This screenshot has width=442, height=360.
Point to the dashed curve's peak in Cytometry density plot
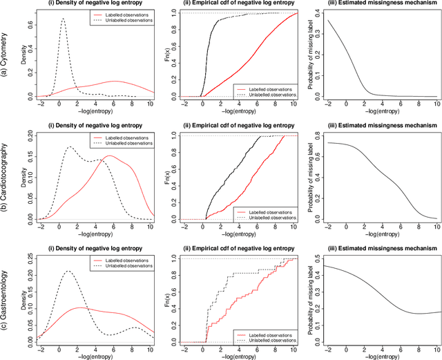[x=64, y=19]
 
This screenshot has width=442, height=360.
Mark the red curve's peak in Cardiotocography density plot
[x=108, y=156]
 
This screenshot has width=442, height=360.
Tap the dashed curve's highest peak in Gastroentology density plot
[x=68, y=272]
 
